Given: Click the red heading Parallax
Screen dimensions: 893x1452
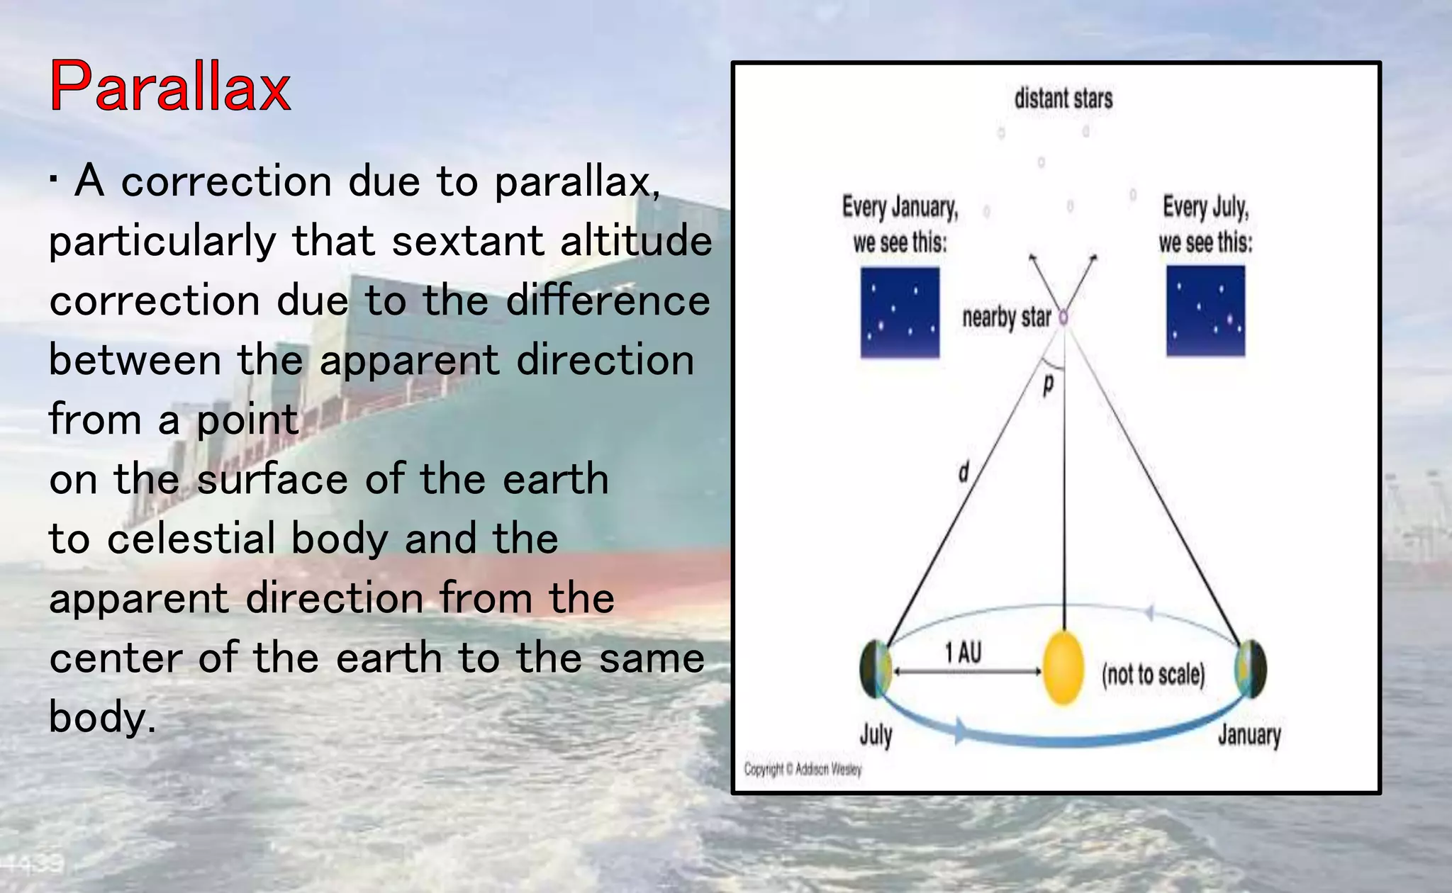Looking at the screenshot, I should click(x=170, y=86).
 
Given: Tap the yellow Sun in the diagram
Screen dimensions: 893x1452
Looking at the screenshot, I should click(x=1063, y=668).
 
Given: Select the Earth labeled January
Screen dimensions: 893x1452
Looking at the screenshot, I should click(x=1251, y=668).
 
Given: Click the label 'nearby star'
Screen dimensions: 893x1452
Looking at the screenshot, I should click(x=1006, y=318).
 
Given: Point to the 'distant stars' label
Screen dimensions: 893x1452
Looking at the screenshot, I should click(x=1063, y=99).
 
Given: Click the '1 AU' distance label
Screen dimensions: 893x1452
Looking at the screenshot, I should click(x=964, y=653).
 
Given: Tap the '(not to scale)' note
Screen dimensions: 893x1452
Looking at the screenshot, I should click(x=1153, y=674).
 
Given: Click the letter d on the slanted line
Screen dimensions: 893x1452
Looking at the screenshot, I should click(x=964, y=471).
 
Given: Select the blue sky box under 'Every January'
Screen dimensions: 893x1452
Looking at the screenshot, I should click(x=900, y=313).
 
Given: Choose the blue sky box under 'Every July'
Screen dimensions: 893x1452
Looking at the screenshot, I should click(x=1205, y=311).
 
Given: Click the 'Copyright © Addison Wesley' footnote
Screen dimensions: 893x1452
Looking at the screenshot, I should click(x=803, y=769).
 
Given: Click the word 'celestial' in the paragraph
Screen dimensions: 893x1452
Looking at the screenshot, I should click(x=191, y=539).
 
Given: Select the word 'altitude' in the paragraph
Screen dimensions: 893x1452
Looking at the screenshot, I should click(x=635, y=241).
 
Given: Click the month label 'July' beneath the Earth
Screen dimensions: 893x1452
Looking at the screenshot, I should click(x=876, y=735).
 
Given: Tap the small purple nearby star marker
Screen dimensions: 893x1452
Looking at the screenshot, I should click(x=1063, y=318).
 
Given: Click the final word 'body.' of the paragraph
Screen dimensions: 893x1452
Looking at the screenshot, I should click(x=102, y=717).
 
